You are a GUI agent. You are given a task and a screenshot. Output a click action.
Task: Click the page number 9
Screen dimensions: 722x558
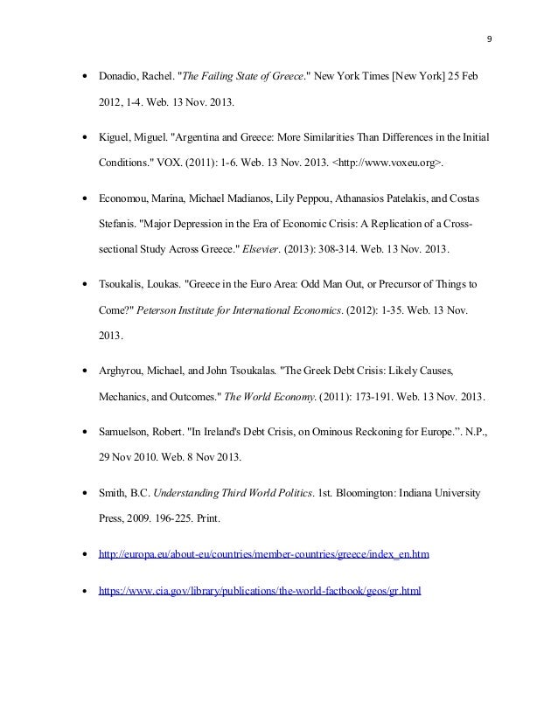[488, 40]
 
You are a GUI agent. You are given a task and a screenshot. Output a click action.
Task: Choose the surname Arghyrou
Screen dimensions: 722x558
[124, 370]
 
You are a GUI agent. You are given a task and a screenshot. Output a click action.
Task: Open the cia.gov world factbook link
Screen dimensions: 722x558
[260, 591]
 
